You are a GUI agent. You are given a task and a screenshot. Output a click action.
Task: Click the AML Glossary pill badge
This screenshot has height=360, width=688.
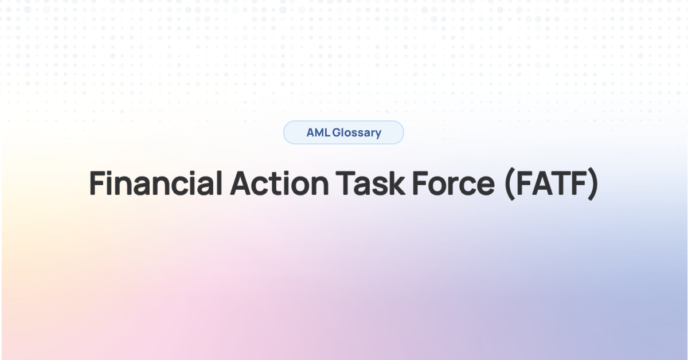343,132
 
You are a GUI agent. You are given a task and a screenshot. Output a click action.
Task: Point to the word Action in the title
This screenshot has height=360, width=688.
279,183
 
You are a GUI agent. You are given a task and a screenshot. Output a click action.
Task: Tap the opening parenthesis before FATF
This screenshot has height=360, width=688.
509,185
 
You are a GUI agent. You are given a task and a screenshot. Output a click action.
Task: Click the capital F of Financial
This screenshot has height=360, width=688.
97,183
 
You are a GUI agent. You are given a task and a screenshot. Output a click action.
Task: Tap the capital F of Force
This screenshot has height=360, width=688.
420,183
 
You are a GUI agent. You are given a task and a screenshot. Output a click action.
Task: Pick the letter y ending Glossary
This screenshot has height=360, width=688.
378,135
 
